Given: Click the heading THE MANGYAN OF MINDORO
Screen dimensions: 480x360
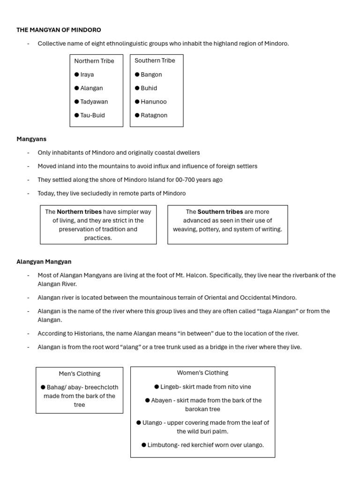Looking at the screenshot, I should point(59,30).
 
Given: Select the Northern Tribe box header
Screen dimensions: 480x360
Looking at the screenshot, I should point(94,61).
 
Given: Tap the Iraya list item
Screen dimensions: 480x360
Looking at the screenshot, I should point(87,75).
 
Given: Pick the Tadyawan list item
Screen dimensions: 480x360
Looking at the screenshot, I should point(94,102).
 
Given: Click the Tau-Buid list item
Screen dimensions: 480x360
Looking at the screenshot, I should point(92,115).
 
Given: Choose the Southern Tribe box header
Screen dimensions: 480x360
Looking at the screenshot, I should point(155,60).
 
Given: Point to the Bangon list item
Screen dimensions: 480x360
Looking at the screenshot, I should point(151,75).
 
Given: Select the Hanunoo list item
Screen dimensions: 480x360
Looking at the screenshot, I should point(153,102).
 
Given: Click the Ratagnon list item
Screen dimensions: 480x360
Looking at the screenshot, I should point(154,115).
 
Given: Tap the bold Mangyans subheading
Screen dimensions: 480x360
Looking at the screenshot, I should point(31,139).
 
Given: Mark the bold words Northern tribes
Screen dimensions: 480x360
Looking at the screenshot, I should point(79,212).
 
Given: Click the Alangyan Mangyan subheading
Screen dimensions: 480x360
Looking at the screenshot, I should point(44,262).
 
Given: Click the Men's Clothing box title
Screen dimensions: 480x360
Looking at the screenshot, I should point(79,374).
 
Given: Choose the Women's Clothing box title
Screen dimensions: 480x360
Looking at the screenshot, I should point(202,373).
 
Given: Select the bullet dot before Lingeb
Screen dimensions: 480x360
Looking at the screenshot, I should point(157,387).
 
